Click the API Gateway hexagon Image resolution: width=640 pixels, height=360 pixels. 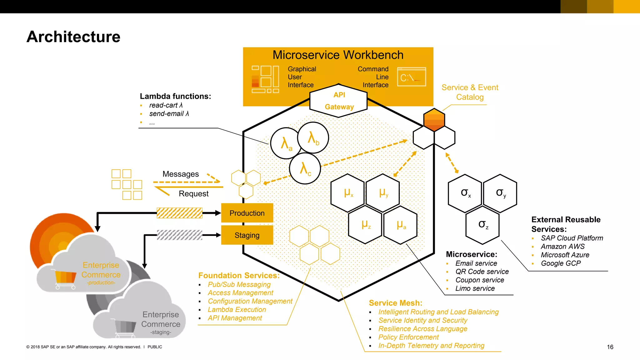click(338, 101)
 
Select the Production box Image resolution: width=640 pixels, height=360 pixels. click(247, 213)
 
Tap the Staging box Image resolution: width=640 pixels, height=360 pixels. click(247, 235)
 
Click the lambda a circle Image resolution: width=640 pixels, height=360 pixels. click(286, 143)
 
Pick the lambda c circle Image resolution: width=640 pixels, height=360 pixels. click(305, 169)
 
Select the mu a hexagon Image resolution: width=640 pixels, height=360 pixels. click(401, 225)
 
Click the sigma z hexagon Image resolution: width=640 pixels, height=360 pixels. click(482, 225)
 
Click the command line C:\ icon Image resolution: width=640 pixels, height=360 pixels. click(411, 77)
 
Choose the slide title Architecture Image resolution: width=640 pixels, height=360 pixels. click(73, 37)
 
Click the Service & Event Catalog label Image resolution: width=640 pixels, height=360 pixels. click(470, 92)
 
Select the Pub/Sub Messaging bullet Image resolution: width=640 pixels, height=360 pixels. click(239, 284)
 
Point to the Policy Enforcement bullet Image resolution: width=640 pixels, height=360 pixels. click(408, 337)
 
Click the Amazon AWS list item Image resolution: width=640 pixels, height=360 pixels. click(562, 247)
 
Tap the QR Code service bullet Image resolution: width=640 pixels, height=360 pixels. click(482, 272)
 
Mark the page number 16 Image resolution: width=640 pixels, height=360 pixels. click(610, 347)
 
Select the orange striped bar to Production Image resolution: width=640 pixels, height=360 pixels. click(179, 213)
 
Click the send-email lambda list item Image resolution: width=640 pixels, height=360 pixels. click(169, 114)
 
